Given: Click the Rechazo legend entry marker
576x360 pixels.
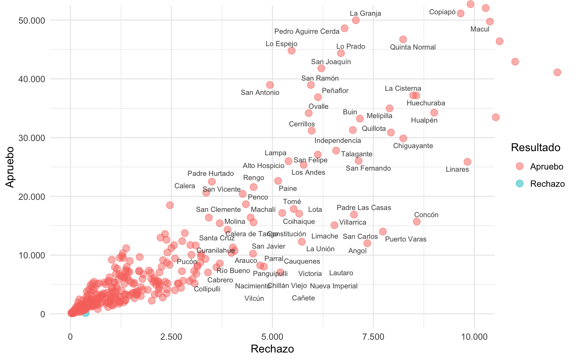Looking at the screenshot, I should (519, 183).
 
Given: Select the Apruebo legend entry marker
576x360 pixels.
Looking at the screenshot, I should (519, 166).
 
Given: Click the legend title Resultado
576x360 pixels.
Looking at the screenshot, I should (535, 148).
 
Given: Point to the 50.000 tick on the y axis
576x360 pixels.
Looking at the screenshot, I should (31, 20).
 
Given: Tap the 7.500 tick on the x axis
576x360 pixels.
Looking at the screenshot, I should (373, 337).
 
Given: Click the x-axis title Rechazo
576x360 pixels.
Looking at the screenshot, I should (272, 349).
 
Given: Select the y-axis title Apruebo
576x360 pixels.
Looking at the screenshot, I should (10, 167).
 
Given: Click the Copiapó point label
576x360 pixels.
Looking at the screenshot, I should (442, 12).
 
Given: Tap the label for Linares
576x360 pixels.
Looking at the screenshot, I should (457, 169).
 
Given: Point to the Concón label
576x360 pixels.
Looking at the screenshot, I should (426, 215).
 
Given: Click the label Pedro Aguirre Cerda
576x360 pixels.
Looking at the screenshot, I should (307, 31).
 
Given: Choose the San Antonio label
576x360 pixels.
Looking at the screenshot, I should (260, 93).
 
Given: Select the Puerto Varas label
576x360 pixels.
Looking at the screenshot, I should (406, 239).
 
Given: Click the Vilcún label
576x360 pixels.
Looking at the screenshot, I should (254, 298).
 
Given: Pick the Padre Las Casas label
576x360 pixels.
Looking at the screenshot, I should (364, 208).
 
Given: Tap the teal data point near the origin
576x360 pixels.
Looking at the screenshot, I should (85, 313).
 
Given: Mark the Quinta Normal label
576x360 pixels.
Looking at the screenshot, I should (412, 47).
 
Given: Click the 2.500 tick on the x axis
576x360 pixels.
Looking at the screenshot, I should (171, 337).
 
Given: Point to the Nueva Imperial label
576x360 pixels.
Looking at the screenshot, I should (333, 286).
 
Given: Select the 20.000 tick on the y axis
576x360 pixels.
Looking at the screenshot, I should (31, 196).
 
